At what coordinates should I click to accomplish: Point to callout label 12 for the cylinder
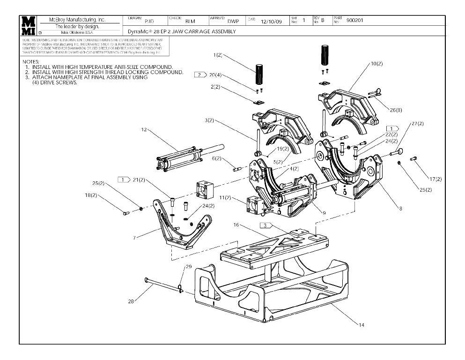pyautogui.click(x=144, y=130)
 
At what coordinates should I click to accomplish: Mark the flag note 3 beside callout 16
pyautogui.click(x=266, y=225)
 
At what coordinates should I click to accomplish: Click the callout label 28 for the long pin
pyautogui.click(x=131, y=301)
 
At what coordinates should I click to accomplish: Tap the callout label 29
pyautogui.click(x=188, y=266)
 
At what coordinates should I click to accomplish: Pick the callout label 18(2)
pyautogui.click(x=91, y=195)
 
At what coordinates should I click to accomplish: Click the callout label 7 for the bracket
pyautogui.click(x=134, y=238)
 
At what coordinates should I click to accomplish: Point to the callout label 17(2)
pyautogui.click(x=435, y=179)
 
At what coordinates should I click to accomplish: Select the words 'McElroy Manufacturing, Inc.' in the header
pyautogui.click(x=77, y=20)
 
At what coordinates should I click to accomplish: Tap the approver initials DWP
pyautogui.click(x=233, y=21)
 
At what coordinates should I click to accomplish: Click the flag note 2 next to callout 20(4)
pyautogui.click(x=200, y=75)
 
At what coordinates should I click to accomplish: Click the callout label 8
pyautogui.click(x=400, y=209)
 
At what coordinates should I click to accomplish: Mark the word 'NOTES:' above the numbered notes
pyautogui.click(x=31, y=62)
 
